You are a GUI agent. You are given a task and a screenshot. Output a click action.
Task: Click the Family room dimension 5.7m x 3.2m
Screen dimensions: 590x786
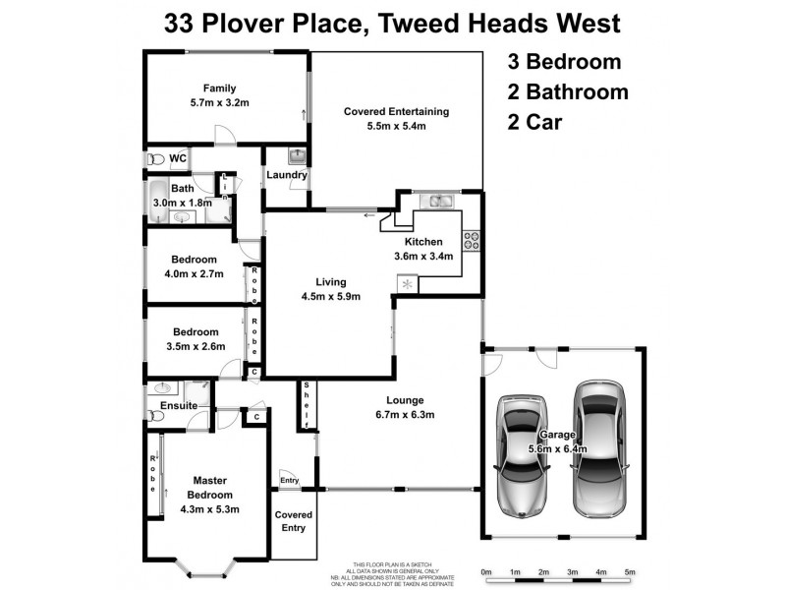[x=220, y=100]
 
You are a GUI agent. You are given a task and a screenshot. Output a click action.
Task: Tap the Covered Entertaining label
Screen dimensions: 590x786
[x=397, y=111]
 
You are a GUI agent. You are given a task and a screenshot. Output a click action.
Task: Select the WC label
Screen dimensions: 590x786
[x=178, y=158]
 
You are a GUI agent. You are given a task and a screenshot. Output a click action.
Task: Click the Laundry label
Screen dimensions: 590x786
[x=286, y=175]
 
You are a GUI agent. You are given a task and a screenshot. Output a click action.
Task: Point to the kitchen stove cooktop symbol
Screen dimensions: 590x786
[x=471, y=238]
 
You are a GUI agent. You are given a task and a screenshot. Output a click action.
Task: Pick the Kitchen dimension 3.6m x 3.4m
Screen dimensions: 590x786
[x=423, y=256]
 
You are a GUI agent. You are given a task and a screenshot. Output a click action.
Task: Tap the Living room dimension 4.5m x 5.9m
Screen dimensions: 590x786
[x=331, y=296]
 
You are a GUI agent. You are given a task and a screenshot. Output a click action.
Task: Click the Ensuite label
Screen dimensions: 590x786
[x=180, y=405]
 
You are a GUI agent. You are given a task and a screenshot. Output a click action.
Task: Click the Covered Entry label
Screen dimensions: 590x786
[x=294, y=521]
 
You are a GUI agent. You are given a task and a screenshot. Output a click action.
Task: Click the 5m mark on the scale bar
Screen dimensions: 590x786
[x=630, y=570]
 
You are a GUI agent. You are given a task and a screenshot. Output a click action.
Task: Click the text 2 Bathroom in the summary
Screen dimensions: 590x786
[x=567, y=92]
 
